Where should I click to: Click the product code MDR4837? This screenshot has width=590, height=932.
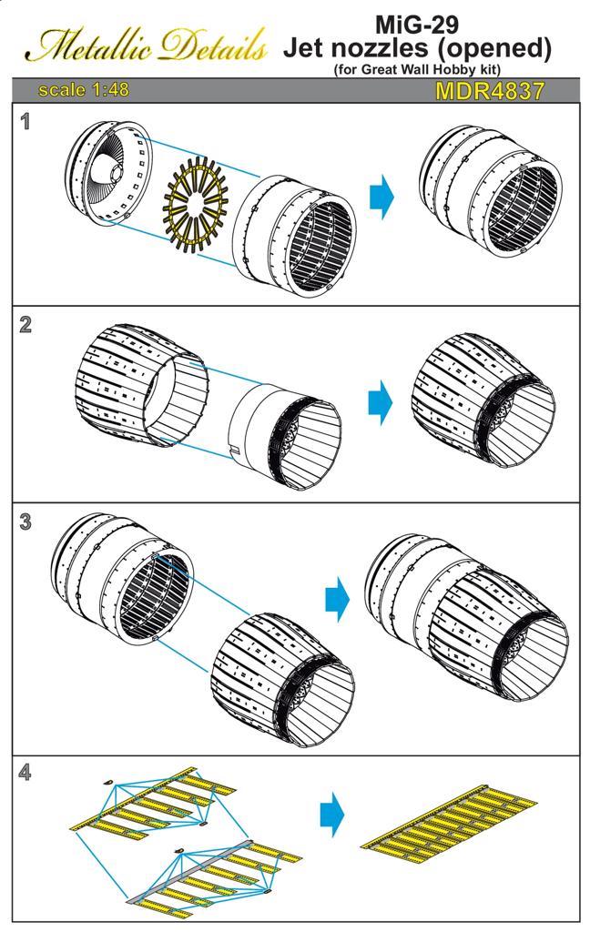489,91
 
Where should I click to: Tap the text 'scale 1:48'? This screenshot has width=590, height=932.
83,90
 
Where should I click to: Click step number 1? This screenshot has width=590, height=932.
25,121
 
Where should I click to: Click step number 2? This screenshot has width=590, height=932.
25,325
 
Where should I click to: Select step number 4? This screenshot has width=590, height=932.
25,774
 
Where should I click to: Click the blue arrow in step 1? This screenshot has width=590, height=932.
382,198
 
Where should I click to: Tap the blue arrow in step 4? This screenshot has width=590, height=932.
333,812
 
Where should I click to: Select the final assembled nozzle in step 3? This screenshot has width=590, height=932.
464,619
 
